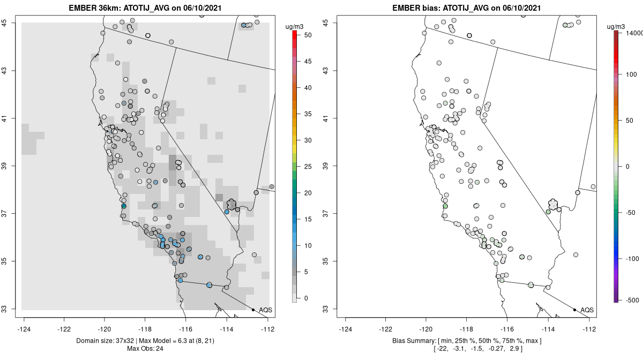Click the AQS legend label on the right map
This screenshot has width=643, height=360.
[587, 310]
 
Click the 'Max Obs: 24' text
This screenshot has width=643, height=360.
[145, 349]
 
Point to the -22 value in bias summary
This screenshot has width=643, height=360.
[443, 349]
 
